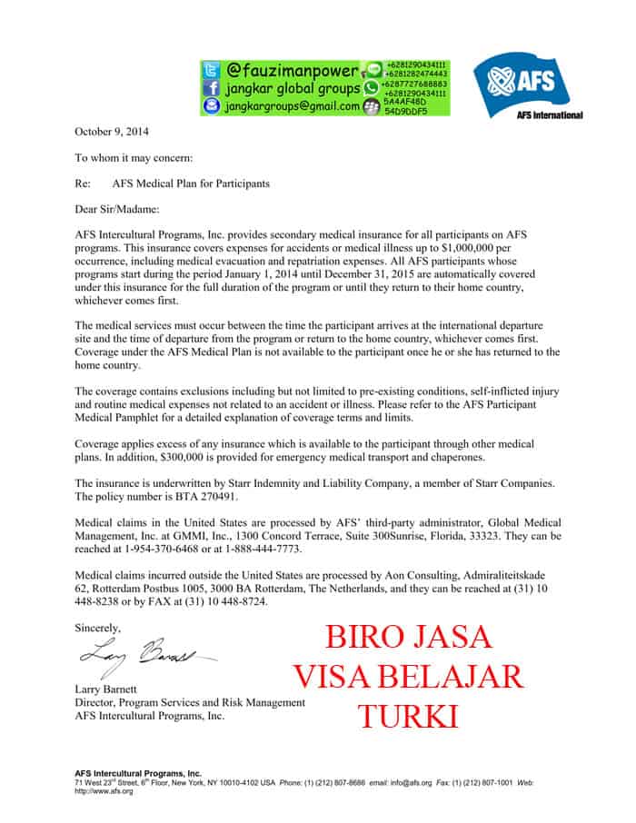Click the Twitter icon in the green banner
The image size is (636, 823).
click(x=211, y=70)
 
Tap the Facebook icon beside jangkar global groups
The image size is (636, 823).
click(x=211, y=88)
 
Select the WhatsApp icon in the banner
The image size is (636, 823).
click(x=371, y=87)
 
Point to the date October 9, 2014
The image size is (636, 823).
click(x=112, y=131)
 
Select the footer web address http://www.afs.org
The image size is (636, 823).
click(x=104, y=790)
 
